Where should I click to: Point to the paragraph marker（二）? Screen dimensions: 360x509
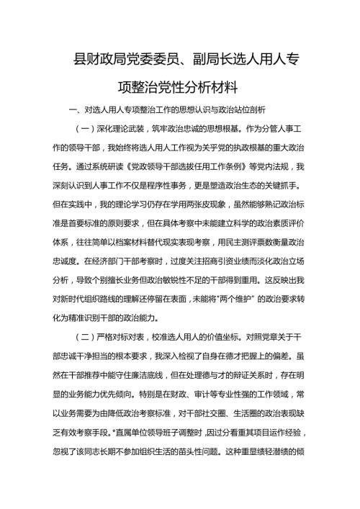tap(86, 336)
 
